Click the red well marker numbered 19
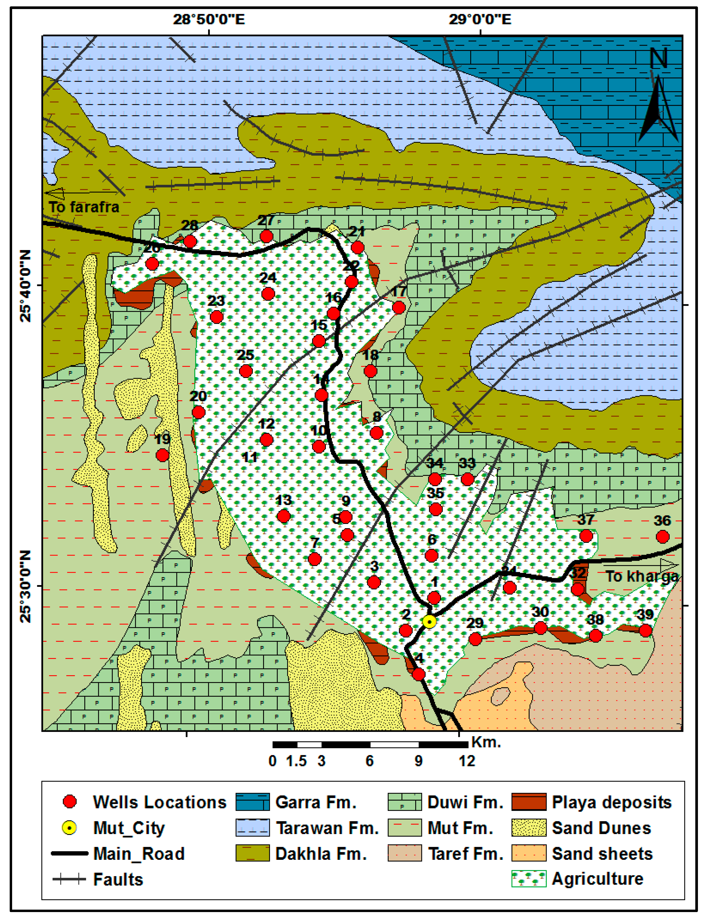pos(162,455)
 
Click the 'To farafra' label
pos(84,207)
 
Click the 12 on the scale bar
pos(467,761)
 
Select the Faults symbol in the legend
pos(69,879)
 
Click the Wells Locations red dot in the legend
pos(69,802)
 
